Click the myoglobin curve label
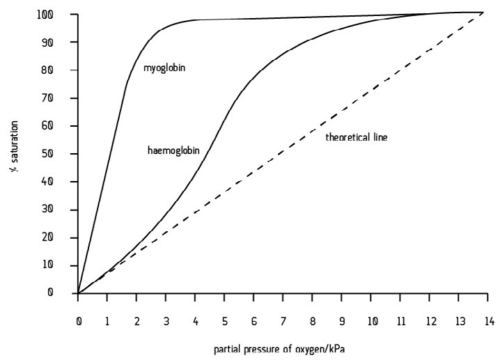pyautogui.click(x=165, y=68)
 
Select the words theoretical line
pyautogui.click(x=356, y=137)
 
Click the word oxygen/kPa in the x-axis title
pyautogui.click(x=322, y=346)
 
